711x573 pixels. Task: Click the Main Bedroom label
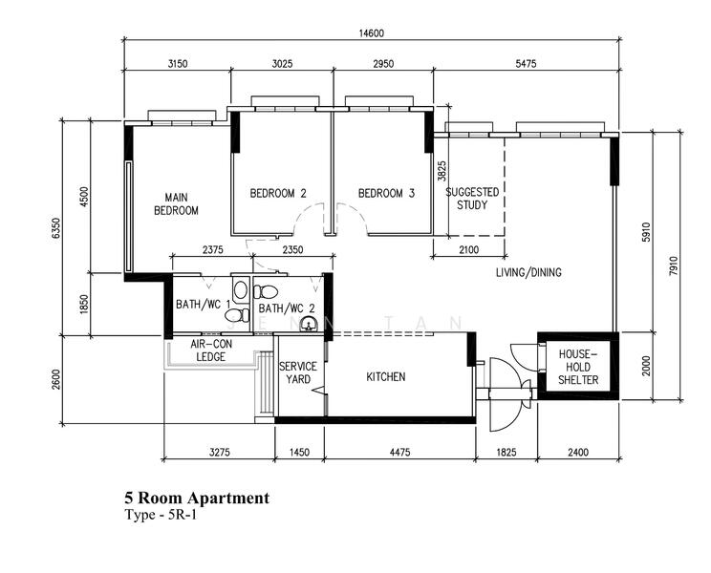177,203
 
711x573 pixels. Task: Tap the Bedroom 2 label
278,194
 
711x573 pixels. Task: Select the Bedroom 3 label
386,194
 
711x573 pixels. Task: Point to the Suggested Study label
472,199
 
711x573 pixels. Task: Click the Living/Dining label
528,272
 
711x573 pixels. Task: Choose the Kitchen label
386,376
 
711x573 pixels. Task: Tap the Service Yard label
298,372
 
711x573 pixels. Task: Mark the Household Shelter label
578,367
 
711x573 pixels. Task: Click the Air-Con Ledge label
211,350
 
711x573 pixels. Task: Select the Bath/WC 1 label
204,304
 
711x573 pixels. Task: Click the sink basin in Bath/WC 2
310,325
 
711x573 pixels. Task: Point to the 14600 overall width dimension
372,33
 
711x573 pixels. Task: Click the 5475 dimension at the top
526,63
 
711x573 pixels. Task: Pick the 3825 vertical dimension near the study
442,171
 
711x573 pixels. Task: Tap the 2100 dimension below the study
469,249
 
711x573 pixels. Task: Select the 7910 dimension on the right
674,266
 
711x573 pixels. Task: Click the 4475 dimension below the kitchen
399,452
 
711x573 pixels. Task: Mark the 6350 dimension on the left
55,228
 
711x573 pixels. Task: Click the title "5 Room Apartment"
197,498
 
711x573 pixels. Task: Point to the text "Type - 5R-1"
161,515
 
